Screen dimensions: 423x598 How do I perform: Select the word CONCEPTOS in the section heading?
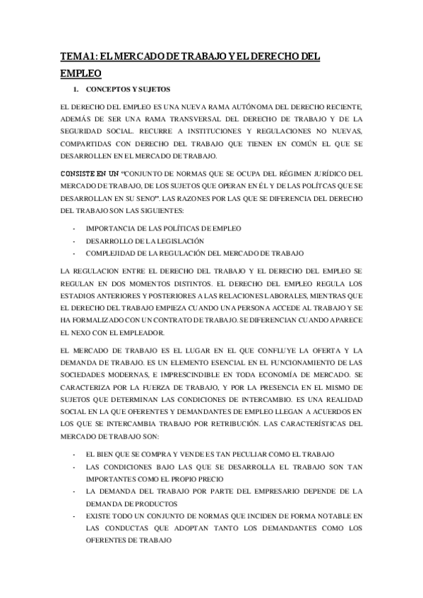(107, 90)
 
